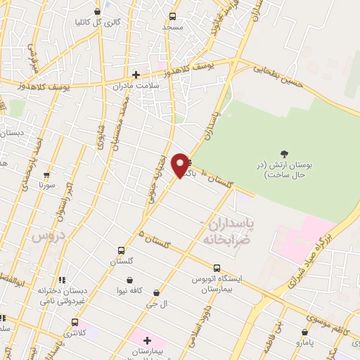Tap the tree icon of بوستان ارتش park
pyautogui.click(x=284, y=154)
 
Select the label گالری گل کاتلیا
pyautogui.click(x=120, y=22)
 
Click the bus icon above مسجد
pyautogui.click(x=172, y=16)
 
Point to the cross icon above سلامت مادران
pyautogui.click(x=136, y=75)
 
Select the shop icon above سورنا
pyautogui.click(x=47, y=174)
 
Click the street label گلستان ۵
pyautogui.click(x=155, y=240)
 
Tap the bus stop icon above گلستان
pyautogui.click(x=121, y=250)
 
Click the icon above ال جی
pyautogui.click(x=156, y=292)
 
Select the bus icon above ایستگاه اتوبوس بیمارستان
pyautogui.click(x=217, y=268)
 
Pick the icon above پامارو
pyautogui.click(x=304, y=330)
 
